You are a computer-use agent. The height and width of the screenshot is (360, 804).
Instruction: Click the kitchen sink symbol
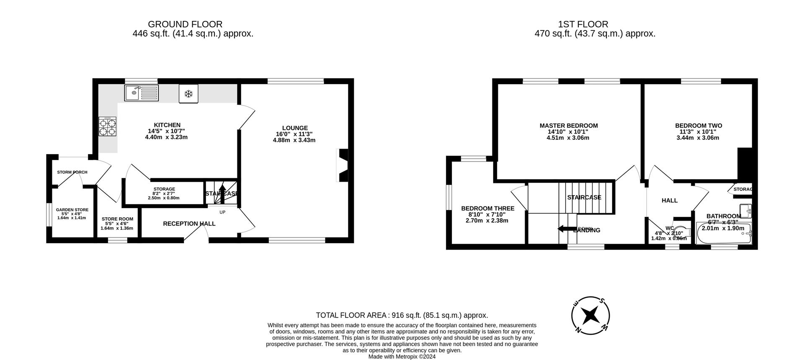[x=142, y=93]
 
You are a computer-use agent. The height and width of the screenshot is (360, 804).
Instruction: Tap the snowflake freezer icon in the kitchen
[x=188, y=94]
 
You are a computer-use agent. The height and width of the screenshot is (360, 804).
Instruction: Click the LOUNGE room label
[x=295, y=128]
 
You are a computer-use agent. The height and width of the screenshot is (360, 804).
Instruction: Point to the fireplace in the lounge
[x=342, y=165]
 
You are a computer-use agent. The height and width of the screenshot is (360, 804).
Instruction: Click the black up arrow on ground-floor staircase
[x=222, y=193]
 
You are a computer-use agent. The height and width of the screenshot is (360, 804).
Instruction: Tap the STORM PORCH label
[x=72, y=172]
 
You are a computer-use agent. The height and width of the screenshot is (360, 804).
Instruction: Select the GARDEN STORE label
[x=72, y=210]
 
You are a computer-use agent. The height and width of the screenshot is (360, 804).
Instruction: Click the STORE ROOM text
[x=117, y=219]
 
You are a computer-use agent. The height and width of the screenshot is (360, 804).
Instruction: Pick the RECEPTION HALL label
[x=189, y=224]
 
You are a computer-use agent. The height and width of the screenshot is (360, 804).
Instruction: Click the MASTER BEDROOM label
[x=568, y=126]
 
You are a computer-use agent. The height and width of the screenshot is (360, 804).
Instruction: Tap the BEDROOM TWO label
[x=698, y=126]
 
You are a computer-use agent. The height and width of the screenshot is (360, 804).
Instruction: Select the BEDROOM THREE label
[x=487, y=208]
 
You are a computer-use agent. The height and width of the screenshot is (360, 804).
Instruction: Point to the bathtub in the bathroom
[x=724, y=234]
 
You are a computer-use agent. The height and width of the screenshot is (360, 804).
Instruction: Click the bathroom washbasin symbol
[x=745, y=209]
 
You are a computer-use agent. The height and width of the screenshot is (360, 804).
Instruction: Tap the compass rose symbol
[x=590, y=315]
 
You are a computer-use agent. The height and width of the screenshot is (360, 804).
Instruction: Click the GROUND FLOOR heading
[x=185, y=24]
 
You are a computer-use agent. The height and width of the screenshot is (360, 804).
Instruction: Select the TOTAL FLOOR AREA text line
[x=402, y=315]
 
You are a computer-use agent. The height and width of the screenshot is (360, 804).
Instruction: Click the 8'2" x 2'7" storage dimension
[x=163, y=193]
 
